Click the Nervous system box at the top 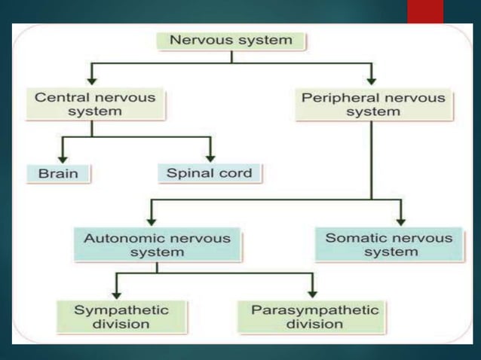231,40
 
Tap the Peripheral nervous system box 372,104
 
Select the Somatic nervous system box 389,245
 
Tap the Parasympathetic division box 314,316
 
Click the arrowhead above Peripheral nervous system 372,78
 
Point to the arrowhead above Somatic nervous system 401,219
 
